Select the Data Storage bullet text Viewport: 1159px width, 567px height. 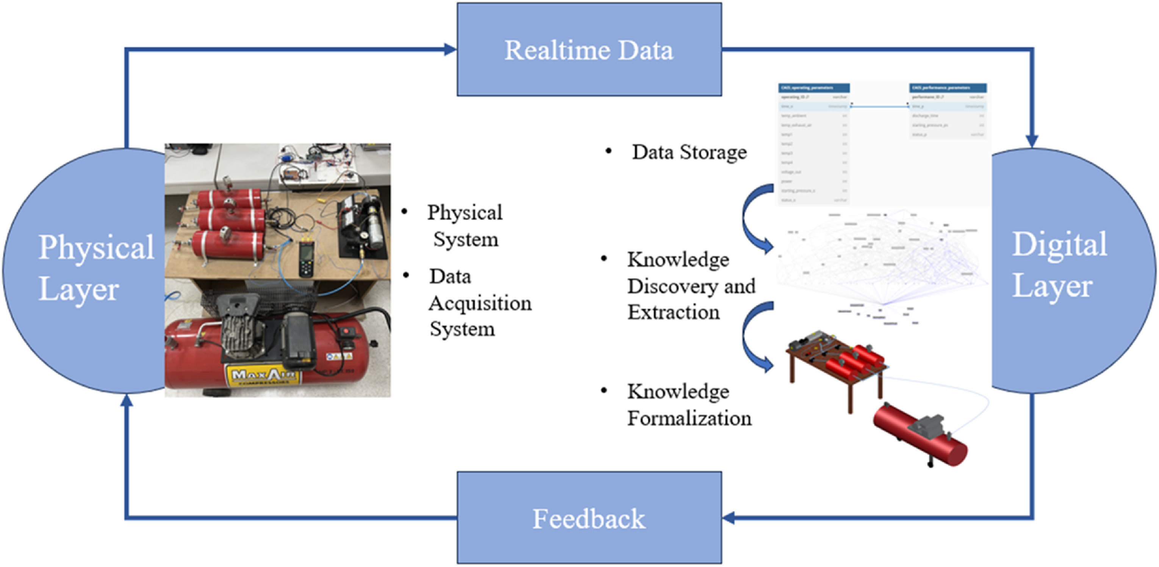click(x=689, y=153)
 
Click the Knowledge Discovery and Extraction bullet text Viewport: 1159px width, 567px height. click(x=691, y=286)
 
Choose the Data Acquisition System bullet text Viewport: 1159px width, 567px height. click(x=479, y=302)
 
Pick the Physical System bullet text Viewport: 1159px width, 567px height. click(x=465, y=226)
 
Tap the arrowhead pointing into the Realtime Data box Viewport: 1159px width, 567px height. click(x=450, y=50)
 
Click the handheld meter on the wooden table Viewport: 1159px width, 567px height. click(x=307, y=258)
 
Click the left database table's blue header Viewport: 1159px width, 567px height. click(x=814, y=88)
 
